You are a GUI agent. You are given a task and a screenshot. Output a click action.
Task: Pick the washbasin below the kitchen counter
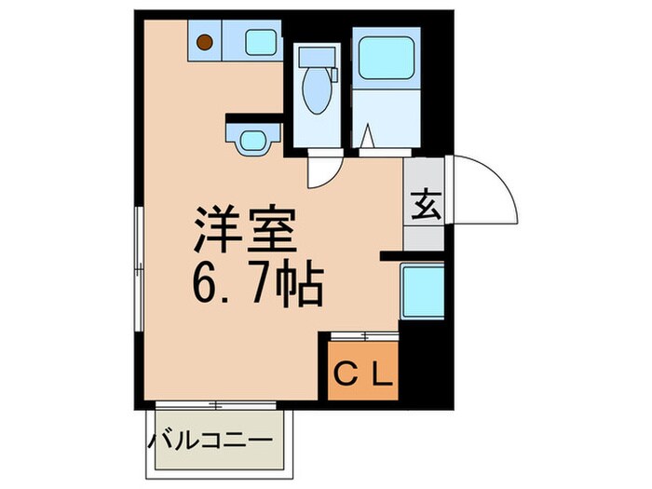[x=252, y=141]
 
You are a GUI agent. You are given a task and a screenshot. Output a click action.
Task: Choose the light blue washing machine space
[x=423, y=290]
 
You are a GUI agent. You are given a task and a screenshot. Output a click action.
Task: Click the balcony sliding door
[x=215, y=404]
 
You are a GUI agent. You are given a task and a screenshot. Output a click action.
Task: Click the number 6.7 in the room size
[x=224, y=283]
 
